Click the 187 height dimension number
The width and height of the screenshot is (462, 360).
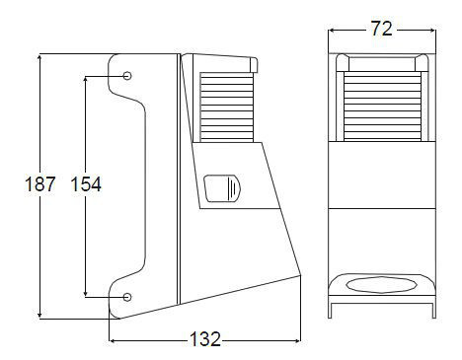pos(40,183)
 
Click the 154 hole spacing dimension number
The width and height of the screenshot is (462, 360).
pos(86,183)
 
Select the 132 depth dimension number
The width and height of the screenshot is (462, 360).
pos(204,339)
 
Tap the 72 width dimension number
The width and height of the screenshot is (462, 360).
pos(382,29)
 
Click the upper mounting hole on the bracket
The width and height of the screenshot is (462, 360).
pos(127,76)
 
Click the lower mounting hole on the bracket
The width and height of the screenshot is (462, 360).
pos(127,297)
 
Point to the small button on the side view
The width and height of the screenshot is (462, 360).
pos(222,188)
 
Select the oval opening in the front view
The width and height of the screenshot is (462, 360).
pos(382,285)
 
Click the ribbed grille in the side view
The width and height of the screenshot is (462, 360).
pos(227,108)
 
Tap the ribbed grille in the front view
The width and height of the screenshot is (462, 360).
pos(382,107)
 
